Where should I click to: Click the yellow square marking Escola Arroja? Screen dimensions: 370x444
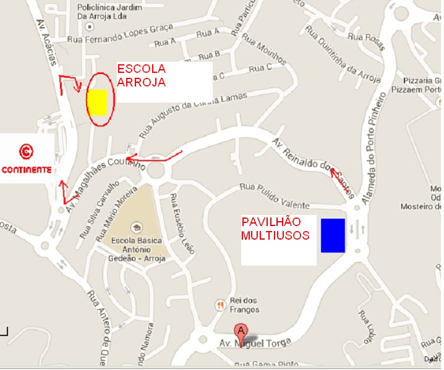[97, 103]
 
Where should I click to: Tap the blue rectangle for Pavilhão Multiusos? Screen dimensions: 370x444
[332, 235]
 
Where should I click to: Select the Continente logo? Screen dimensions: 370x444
[26, 158]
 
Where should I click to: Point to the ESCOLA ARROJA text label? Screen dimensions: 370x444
[142, 74]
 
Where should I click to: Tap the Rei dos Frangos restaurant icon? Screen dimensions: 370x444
[220, 304]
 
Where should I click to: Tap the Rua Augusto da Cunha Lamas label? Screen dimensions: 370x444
[192, 114]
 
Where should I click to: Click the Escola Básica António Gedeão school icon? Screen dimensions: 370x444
[135, 226]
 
